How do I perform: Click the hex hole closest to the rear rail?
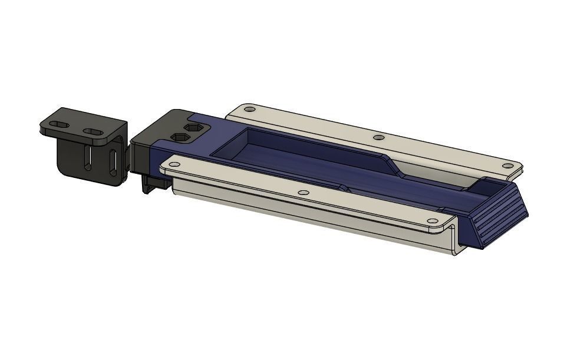[x=192, y=128]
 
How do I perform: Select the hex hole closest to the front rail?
[x=181, y=138]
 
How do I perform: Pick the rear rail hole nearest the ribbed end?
[x=506, y=166]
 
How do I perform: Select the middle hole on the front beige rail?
[x=303, y=193]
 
